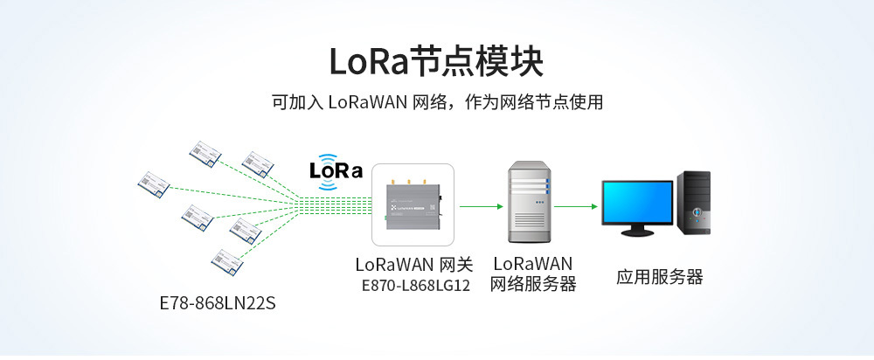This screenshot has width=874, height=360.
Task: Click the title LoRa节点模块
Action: [436, 61]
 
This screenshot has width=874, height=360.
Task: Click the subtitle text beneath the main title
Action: [437, 102]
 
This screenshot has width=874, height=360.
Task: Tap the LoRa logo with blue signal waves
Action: [336, 171]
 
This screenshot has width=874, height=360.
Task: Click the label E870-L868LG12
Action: [415, 286]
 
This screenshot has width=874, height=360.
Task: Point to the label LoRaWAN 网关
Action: [413, 264]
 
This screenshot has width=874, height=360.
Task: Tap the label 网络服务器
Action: [532, 284]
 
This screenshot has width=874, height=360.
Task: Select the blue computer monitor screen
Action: [637, 203]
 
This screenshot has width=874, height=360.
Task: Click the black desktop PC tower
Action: [693, 203]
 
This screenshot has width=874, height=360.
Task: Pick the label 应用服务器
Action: [659, 277]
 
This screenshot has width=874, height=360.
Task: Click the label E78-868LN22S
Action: [218, 304]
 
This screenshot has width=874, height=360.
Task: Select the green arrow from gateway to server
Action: [482, 206]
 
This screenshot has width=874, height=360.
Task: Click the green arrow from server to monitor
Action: [576, 206]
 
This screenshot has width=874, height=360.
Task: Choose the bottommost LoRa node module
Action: [227, 262]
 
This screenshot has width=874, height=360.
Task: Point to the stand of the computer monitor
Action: [636, 230]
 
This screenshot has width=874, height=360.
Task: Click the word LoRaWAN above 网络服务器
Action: [533, 263]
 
